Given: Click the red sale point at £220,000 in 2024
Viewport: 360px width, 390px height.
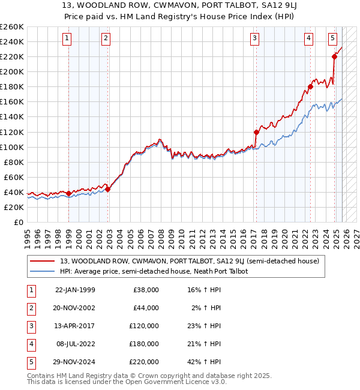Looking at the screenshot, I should coord(334,56).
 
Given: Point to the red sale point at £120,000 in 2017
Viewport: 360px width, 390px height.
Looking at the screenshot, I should coord(256,132).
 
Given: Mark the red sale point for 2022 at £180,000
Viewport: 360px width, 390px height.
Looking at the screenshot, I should coord(310,86).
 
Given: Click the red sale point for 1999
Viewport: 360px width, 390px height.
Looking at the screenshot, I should coord(68,193).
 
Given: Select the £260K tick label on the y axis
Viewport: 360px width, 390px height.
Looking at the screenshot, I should coord(12,27).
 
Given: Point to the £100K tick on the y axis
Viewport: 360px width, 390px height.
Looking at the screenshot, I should coord(12,147).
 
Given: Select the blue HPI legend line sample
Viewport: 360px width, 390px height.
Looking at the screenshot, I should coord(43,271).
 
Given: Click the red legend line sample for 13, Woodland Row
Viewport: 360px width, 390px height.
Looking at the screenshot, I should coord(43,261).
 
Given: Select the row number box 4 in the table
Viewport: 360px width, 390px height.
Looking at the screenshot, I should coord(30,344).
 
